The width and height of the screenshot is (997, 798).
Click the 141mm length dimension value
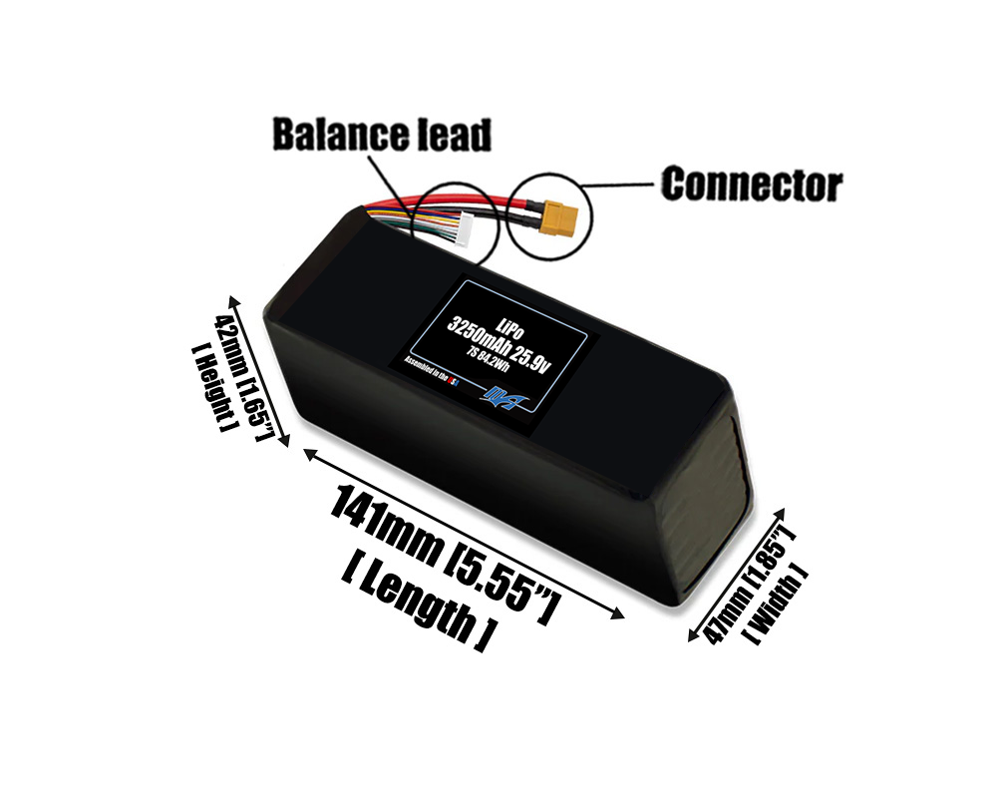(390, 525)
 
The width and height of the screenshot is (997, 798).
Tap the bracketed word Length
(419, 600)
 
